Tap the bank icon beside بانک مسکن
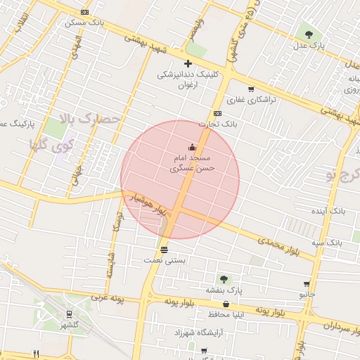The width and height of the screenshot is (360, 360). [85, 12]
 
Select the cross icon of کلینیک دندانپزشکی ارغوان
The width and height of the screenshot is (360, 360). [188, 64]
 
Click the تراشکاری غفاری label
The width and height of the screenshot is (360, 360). [256, 99]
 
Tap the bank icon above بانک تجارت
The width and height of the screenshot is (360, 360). [217, 113]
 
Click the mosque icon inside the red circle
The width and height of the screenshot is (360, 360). [192, 147]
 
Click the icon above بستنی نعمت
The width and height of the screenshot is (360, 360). [164, 250]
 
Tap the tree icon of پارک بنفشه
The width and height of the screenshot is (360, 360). [224, 279]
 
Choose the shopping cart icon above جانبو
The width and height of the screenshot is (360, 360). [307, 284]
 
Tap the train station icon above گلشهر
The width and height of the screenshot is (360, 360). [69, 314]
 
